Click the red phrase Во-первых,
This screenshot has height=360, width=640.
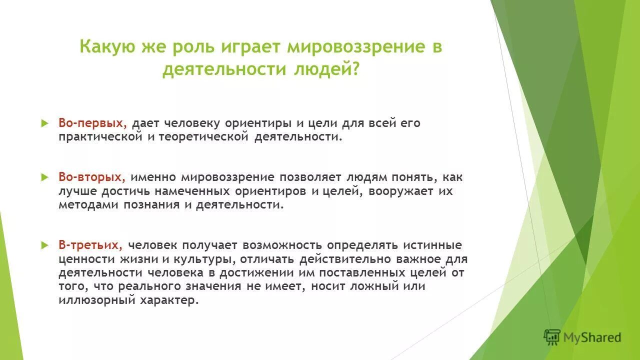(x=93, y=123)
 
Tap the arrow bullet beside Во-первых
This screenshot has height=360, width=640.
(x=44, y=123)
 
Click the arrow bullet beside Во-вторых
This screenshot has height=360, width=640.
(x=44, y=177)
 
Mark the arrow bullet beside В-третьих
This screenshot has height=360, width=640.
(x=44, y=245)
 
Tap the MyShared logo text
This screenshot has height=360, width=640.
(x=592, y=337)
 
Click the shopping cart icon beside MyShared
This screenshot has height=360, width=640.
(x=552, y=337)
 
